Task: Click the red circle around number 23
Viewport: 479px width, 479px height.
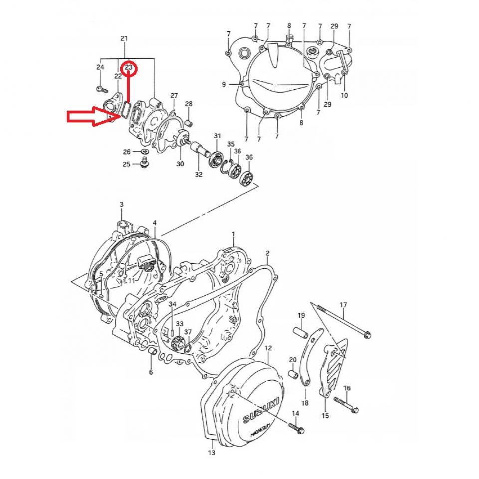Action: pyautogui.click(x=129, y=66)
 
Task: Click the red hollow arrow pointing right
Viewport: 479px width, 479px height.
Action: pyautogui.click(x=90, y=117)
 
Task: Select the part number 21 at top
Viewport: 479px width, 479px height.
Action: pyautogui.click(x=124, y=38)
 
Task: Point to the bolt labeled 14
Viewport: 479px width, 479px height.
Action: pyautogui.click(x=297, y=429)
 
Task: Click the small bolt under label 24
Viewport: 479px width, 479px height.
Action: pyautogui.click(x=101, y=89)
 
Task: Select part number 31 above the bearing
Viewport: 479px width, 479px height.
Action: pyautogui.click(x=217, y=136)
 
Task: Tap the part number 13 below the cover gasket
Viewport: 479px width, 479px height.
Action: pyautogui.click(x=211, y=453)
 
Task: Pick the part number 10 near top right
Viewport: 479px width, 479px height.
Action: pyautogui.click(x=344, y=95)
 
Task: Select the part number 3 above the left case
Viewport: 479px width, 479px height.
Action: pyautogui.click(x=121, y=205)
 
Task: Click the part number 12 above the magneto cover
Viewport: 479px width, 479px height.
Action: pyautogui.click(x=268, y=348)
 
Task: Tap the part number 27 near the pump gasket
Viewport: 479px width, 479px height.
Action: pyautogui.click(x=174, y=95)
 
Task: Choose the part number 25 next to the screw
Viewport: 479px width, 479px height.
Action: pyautogui.click(x=127, y=164)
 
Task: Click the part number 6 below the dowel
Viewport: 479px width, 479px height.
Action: pyautogui.click(x=151, y=372)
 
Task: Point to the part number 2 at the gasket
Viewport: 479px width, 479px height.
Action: pyautogui.click(x=267, y=253)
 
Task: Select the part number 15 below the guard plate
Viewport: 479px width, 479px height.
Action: pyautogui.click(x=325, y=415)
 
